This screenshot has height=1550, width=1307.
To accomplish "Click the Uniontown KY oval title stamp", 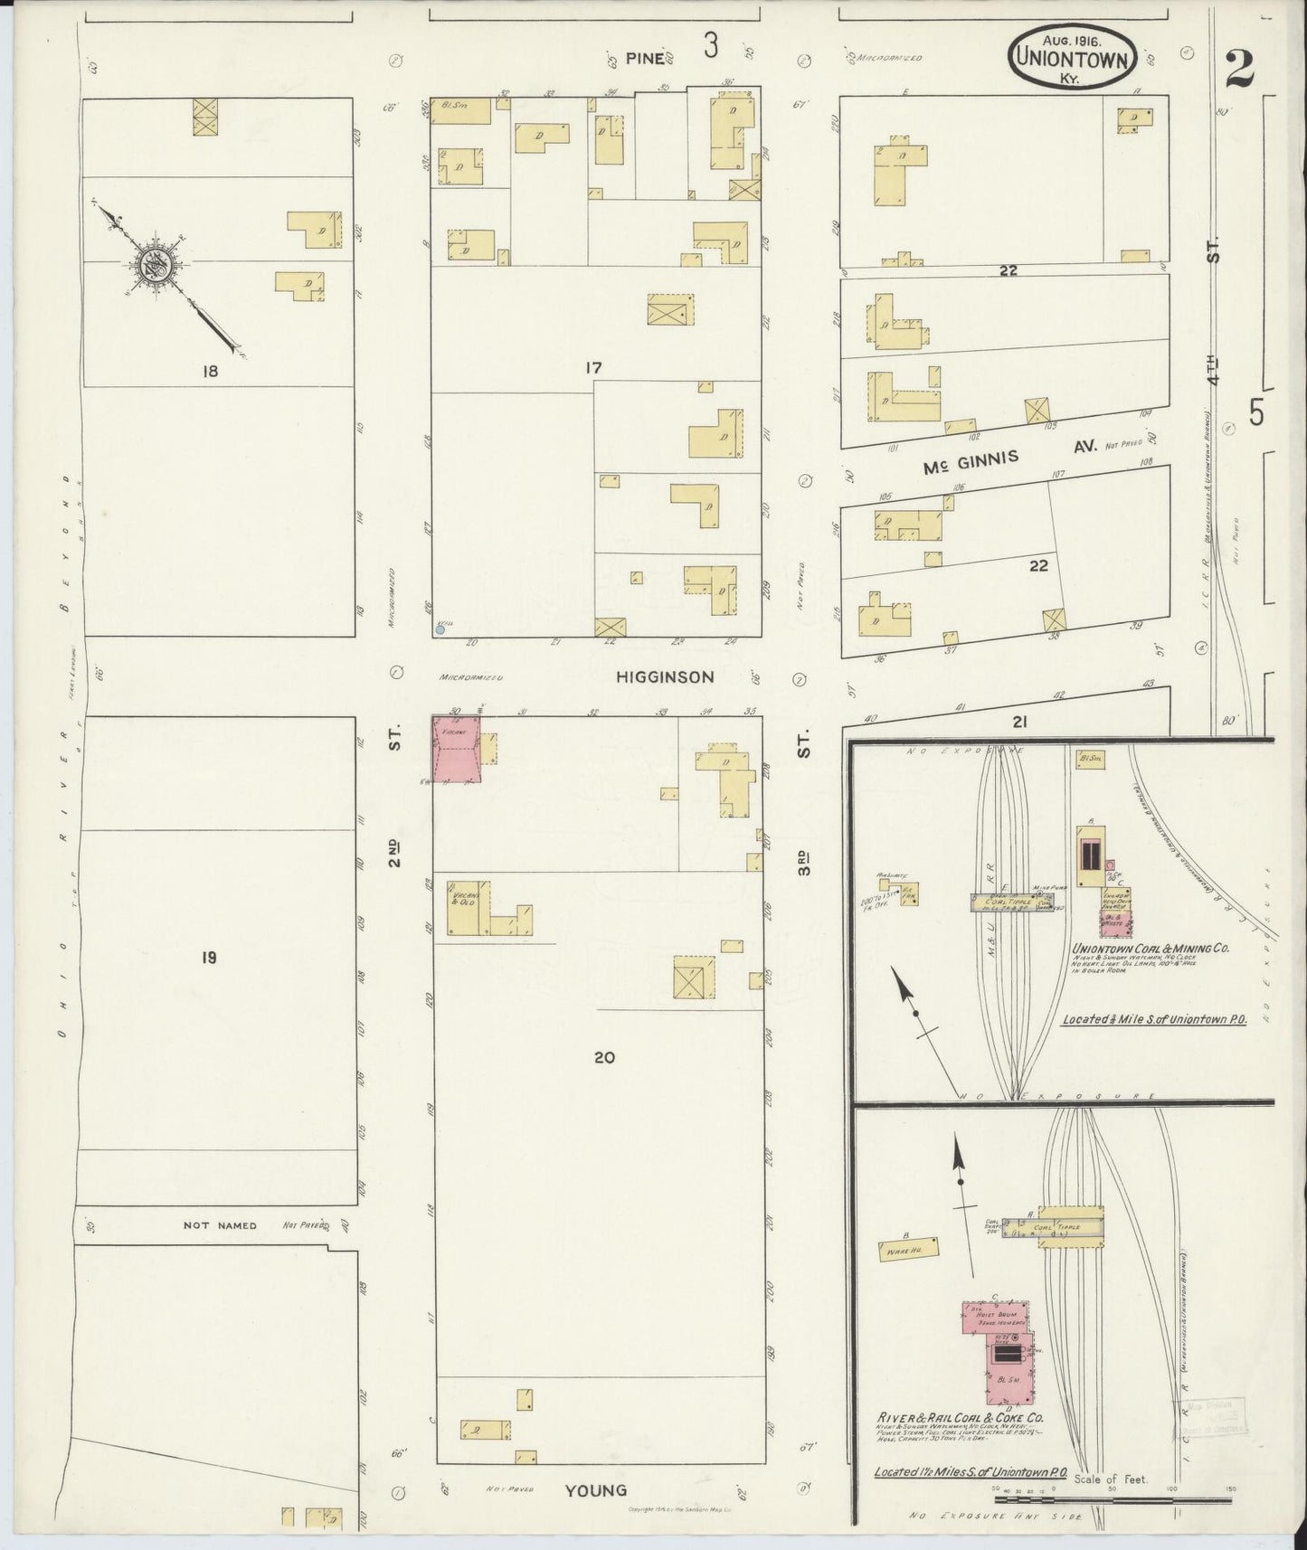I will (x=1072, y=56).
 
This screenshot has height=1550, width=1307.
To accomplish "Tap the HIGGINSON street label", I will (x=666, y=676).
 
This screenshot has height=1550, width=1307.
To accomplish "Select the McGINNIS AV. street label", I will (x=1009, y=458).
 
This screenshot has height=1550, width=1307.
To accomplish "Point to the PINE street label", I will (x=646, y=59).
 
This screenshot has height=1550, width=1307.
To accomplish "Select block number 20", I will (x=604, y=1056).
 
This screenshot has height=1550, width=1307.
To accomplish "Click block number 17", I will (x=593, y=368).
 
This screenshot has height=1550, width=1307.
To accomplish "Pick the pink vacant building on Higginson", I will (x=457, y=750).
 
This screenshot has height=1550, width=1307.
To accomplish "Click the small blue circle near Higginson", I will (x=440, y=630).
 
